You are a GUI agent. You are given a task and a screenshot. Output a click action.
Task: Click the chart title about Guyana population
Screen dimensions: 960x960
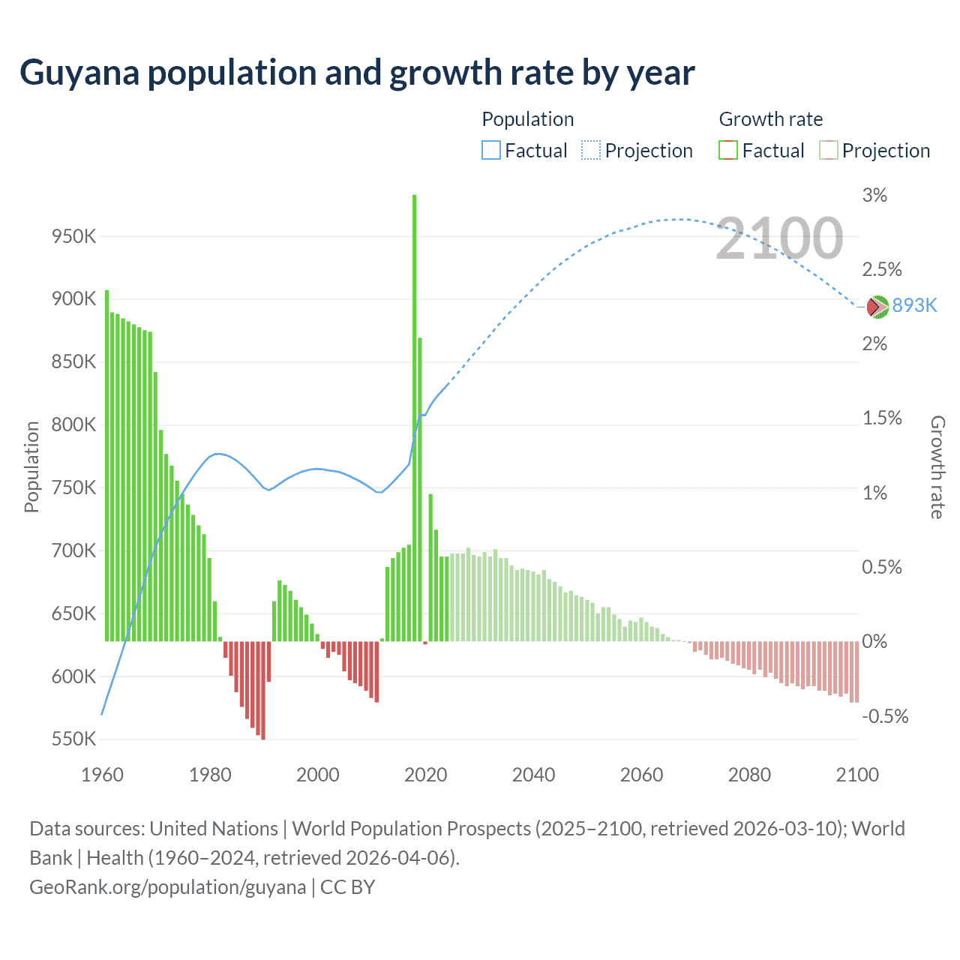click(x=357, y=73)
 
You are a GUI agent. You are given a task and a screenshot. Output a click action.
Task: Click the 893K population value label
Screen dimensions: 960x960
click(x=914, y=305)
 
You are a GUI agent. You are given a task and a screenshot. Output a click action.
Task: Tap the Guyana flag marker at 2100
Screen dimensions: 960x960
click(x=877, y=306)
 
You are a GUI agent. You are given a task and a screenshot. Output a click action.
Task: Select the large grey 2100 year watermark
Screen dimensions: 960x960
click(x=779, y=238)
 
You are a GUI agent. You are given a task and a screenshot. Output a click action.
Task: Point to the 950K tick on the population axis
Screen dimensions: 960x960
click(x=73, y=236)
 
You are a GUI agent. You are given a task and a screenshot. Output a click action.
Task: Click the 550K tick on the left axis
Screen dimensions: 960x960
click(x=73, y=739)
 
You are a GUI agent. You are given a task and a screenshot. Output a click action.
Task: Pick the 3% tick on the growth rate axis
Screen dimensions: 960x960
click(x=874, y=195)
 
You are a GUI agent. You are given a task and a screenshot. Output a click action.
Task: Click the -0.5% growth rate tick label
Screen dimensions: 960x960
click(x=885, y=715)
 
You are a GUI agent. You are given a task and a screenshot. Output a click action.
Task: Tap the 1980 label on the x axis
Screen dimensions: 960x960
click(x=210, y=775)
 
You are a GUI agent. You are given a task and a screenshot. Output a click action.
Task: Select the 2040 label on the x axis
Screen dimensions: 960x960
click(x=533, y=775)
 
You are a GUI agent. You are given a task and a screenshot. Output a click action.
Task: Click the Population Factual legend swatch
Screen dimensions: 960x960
click(x=490, y=151)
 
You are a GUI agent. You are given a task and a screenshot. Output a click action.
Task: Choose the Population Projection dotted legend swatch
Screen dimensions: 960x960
click(x=591, y=151)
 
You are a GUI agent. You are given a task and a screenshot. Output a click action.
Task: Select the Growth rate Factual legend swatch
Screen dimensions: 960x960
click(x=728, y=151)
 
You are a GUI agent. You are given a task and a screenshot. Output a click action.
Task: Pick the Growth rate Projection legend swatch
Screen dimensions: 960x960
click(x=828, y=151)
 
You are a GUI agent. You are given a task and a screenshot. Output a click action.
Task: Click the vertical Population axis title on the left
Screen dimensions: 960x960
click(x=31, y=466)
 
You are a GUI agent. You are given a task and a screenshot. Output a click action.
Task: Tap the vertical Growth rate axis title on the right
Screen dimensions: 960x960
click(x=937, y=466)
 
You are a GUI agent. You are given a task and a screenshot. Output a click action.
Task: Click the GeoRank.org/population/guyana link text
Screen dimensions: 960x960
click(x=167, y=887)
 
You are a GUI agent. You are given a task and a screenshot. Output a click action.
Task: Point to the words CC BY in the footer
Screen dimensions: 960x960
click(x=347, y=887)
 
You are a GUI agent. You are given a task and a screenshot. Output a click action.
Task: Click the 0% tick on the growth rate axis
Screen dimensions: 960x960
click(x=874, y=641)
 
